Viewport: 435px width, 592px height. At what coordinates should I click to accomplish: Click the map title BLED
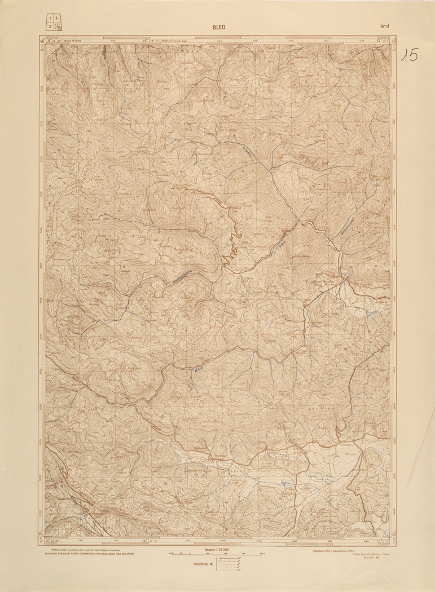pyautogui.click(x=218, y=25)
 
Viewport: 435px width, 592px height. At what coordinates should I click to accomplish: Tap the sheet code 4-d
pyautogui.click(x=386, y=25)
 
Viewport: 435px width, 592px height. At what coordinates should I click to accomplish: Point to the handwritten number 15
pyautogui.click(x=410, y=55)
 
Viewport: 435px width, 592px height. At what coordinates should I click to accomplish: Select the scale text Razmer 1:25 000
pyautogui.click(x=217, y=549)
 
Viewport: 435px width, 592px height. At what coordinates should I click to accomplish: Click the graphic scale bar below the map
pyautogui.click(x=217, y=555)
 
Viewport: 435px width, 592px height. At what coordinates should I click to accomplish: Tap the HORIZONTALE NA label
pyautogui.click(x=204, y=565)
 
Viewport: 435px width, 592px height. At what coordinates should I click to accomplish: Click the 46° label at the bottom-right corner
pyautogui.click(x=393, y=533)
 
